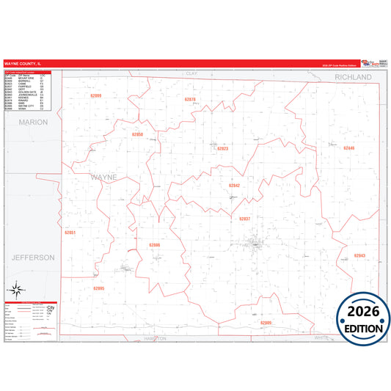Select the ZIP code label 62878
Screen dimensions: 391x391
pyautogui.click(x=190, y=99)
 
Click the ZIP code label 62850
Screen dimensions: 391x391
pyautogui.click(x=137, y=135)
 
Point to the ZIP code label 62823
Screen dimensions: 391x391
pyautogui.click(x=223, y=148)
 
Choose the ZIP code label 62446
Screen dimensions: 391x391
pyautogui.click(x=348, y=148)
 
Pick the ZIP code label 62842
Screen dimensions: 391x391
pyautogui.click(x=234, y=186)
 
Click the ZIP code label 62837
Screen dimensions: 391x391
pyautogui.click(x=245, y=219)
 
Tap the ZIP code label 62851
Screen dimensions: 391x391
pyautogui.click(x=70, y=232)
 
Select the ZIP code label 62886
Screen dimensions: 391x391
pyautogui.click(x=154, y=245)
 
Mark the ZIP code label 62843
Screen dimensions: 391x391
pyautogui.click(x=359, y=255)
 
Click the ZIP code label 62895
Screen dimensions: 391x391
pyautogui.click(x=99, y=288)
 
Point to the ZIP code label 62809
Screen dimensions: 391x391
pyautogui.click(x=266, y=323)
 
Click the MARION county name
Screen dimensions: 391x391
pyautogui.click(x=33, y=122)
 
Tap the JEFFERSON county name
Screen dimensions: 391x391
pyautogui.click(x=33, y=257)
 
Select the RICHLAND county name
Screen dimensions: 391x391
pyautogui.click(x=354, y=76)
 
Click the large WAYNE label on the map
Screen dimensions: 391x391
pyautogui.click(x=103, y=178)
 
